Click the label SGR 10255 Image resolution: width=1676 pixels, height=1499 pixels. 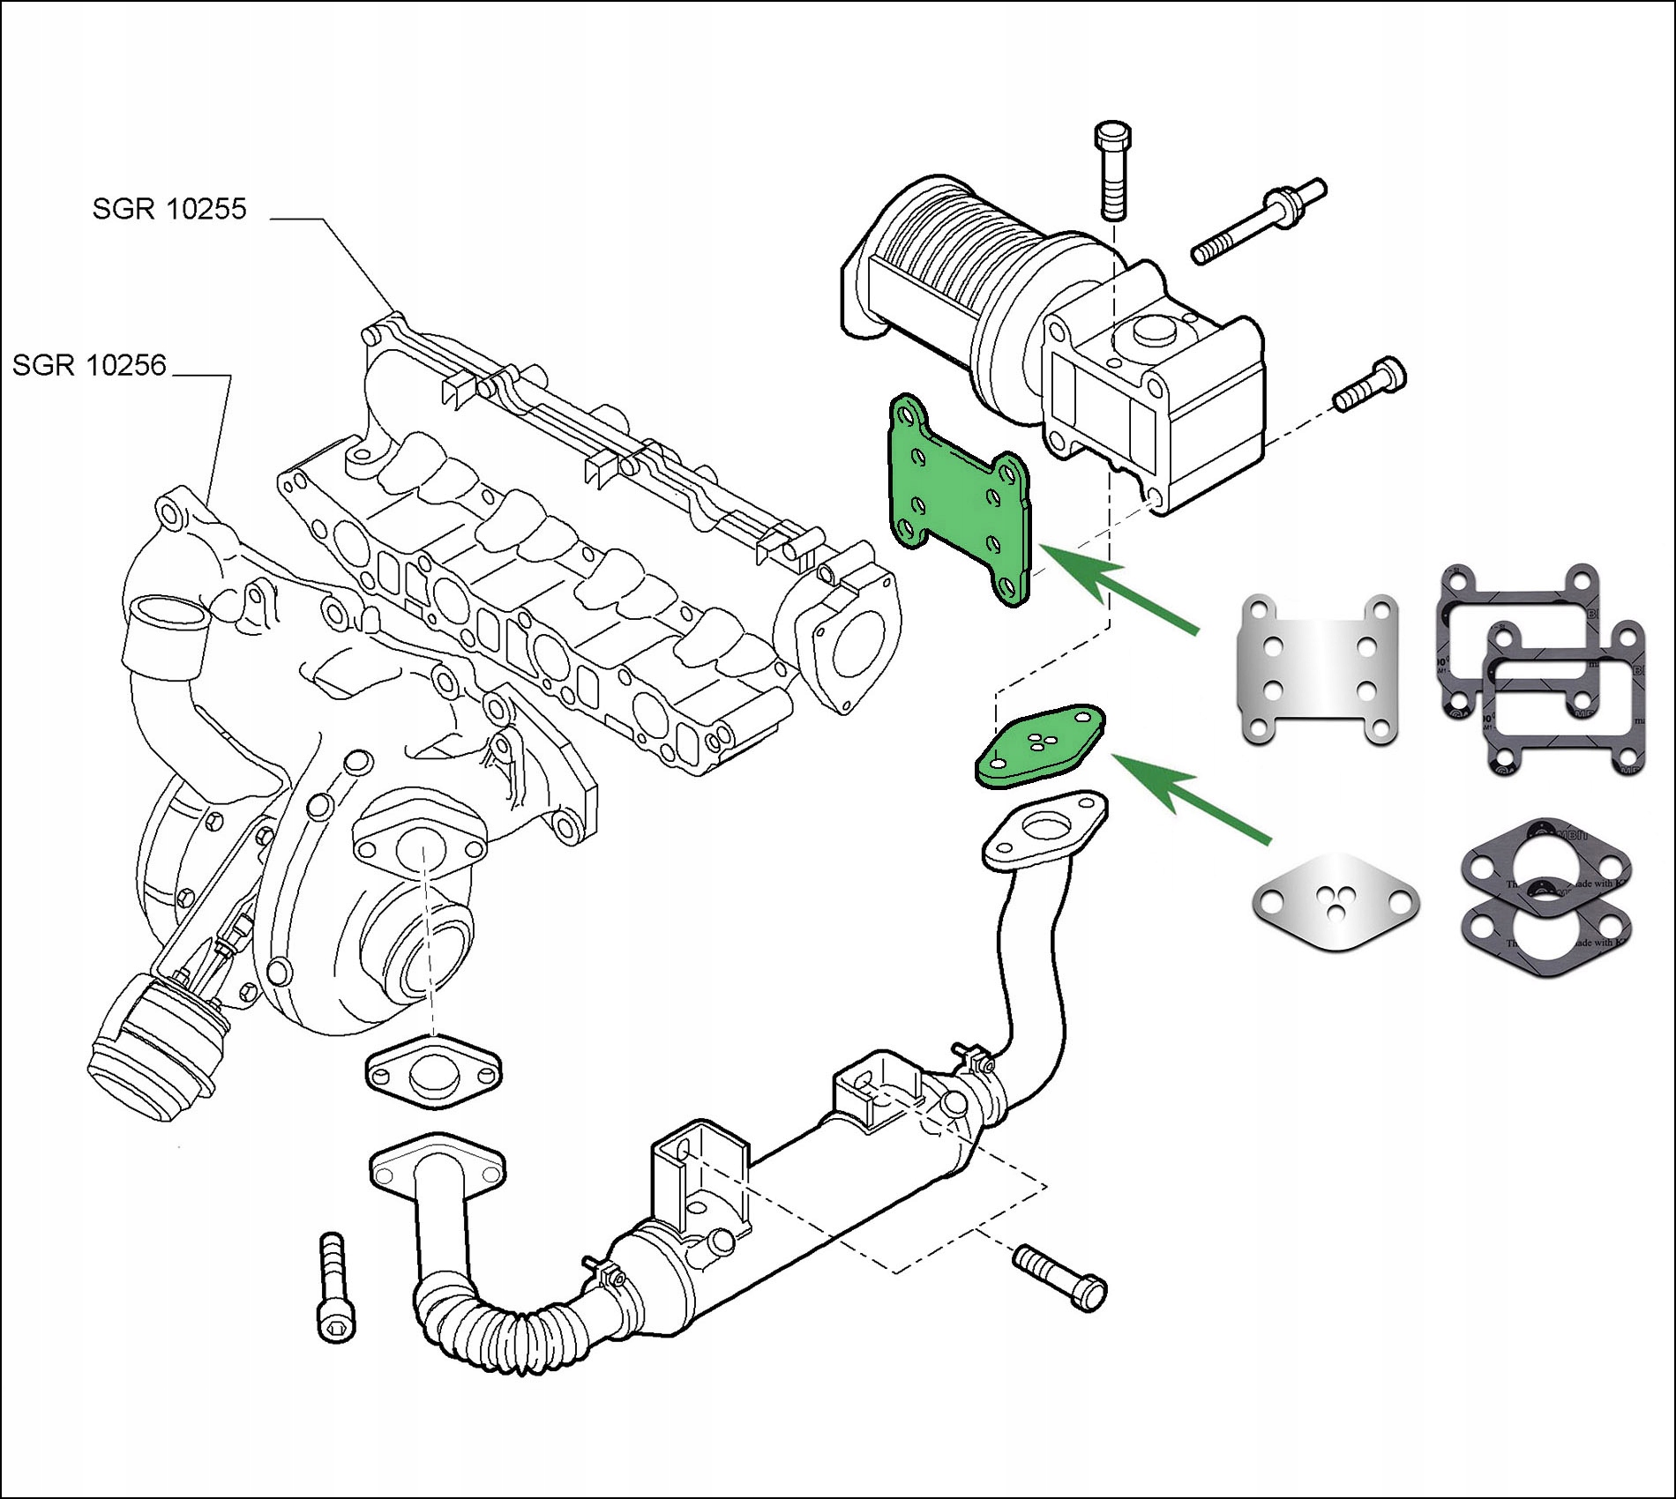coord(169,209)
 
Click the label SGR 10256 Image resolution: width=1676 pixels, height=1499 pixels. coord(89,365)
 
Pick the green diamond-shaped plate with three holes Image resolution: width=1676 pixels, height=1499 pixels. coord(1040,745)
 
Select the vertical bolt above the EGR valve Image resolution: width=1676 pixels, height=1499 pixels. coord(1112,172)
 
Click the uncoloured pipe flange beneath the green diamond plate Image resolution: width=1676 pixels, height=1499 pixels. coord(1045,828)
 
